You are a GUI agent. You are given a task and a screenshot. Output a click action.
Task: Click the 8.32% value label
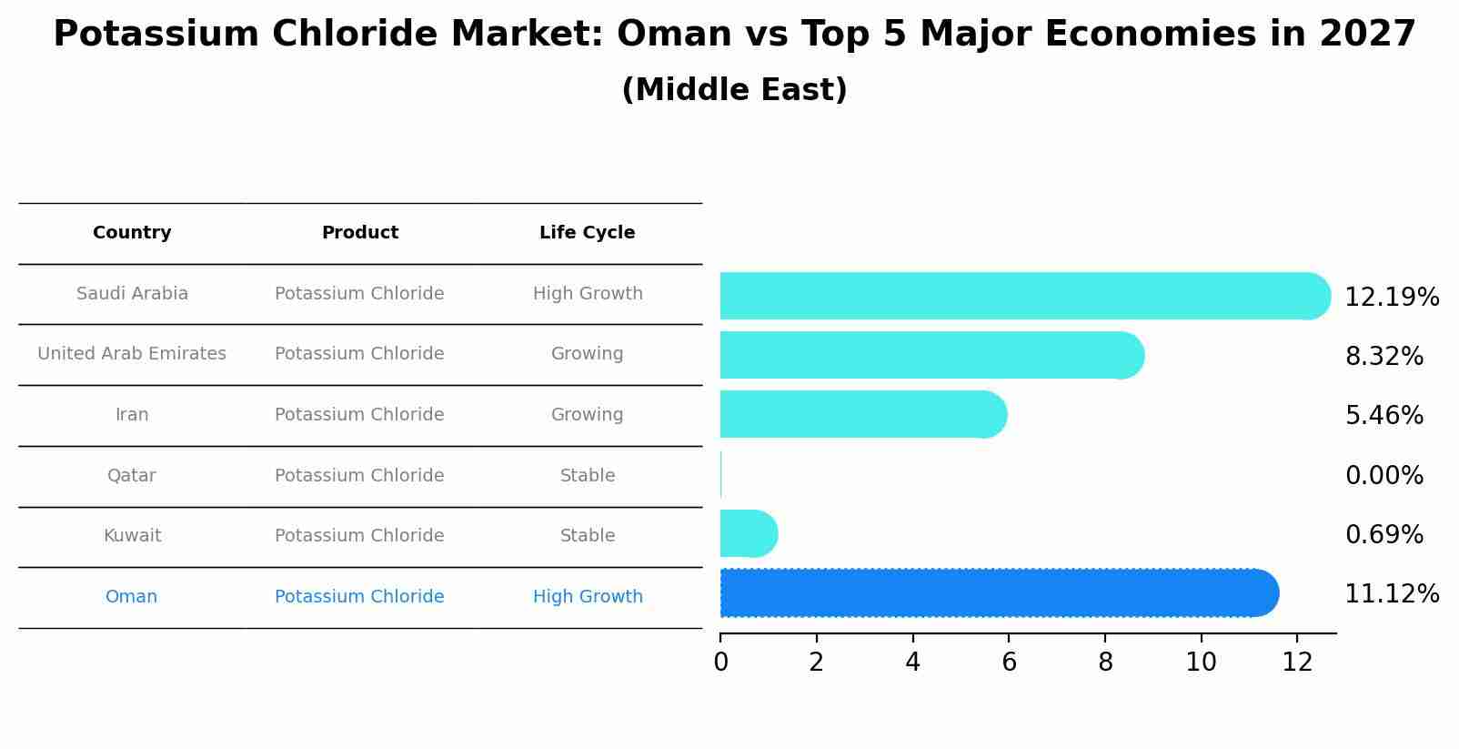coord(1384,357)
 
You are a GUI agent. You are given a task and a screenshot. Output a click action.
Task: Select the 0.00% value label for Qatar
coord(1384,476)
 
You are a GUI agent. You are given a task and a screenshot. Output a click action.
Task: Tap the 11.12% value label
coord(1391,594)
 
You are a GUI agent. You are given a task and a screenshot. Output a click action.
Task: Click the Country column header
coord(132,233)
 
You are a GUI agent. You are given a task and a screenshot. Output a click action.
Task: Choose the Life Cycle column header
coord(587,233)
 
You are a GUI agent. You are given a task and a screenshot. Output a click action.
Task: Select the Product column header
coord(359,233)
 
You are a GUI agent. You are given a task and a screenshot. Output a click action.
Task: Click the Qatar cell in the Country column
coord(132,476)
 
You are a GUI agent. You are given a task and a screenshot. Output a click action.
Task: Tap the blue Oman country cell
coord(132,597)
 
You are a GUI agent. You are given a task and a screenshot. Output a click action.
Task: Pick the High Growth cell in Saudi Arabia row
coord(588,294)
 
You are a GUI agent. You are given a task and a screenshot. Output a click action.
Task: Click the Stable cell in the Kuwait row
coord(588,536)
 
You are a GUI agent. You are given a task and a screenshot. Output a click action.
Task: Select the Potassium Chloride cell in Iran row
coord(359,415)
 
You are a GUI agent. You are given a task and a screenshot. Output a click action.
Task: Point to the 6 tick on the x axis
coord(1009,662)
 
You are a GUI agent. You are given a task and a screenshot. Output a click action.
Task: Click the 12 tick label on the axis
coord(1297,662)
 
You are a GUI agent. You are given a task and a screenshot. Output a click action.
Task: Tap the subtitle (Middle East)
coord(734,90)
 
